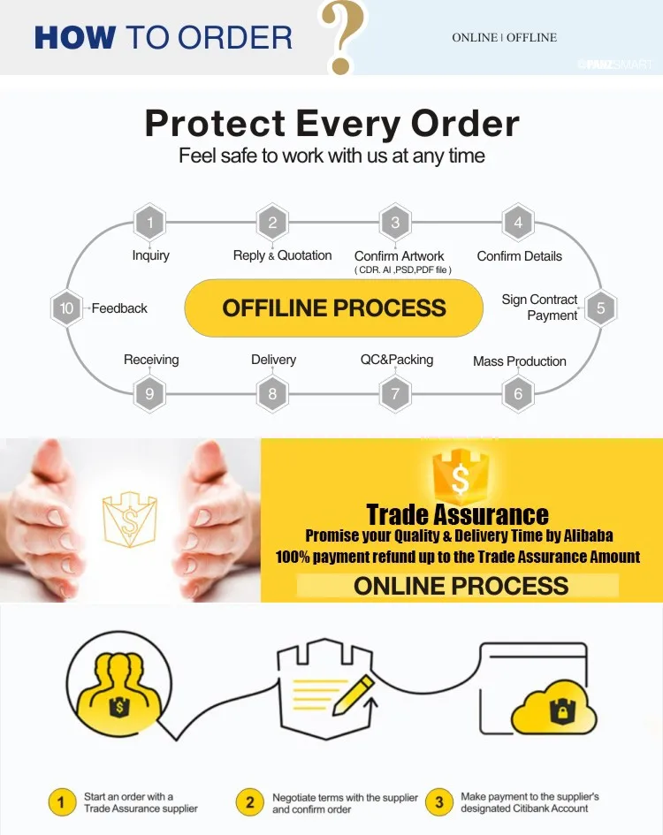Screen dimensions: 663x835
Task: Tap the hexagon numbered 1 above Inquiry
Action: tap(149, 222)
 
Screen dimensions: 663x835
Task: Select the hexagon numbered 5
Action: tap(600, 308)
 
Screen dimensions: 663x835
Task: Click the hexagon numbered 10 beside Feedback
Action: tap(67, 308)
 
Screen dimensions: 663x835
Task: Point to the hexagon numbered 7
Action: tap(395, 394)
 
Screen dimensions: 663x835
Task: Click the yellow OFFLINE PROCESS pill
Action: tap(334, 308)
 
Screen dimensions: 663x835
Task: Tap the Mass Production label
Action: tap(520, 361)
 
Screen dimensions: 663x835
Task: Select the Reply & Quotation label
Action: tap(282, 255)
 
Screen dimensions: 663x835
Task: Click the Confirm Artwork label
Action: tap(400, 255)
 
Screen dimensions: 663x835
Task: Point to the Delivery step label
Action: tap(273, 360)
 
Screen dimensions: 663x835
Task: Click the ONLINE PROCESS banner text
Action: tap(461, 585)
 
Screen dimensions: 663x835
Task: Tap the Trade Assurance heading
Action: tap(457, 514)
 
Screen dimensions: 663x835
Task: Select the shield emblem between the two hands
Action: tap(129, 520)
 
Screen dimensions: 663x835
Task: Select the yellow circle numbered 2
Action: tap(250, 802)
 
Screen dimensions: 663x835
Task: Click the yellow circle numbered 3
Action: tap(439, 802)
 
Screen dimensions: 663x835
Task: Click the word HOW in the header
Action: tap(74, 38)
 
